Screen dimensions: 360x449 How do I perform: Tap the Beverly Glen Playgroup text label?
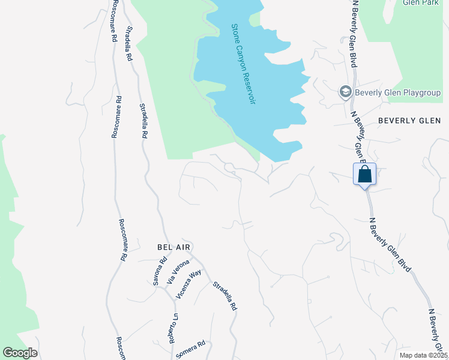pyautogui.click(x=397, y=92)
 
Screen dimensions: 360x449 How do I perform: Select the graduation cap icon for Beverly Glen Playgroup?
pyautogui.click(x=345, y=92)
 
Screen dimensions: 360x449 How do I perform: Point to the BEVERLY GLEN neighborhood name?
pyautogui.click(x=409, y=121)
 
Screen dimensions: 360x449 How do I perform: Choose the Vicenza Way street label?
pyautogui.click(x=188, y=284)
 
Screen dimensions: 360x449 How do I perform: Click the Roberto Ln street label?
pyautogui.click(x=173, y=327)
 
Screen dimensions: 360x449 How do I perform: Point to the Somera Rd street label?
pyautogui.click(x=190, y=350)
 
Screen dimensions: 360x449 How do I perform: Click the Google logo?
pyautogui.click(x=20, y=353)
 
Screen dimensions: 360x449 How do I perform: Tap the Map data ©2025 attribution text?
pyautogui.click(x=423, y=355)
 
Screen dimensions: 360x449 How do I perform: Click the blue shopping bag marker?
pyautogui.click(x=365, y=175)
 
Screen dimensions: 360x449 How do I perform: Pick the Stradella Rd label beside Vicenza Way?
pyautogui.click(x=224, y=296)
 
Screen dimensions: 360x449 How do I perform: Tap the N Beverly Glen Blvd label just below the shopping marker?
pyautogui.click(x=390, y=245)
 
